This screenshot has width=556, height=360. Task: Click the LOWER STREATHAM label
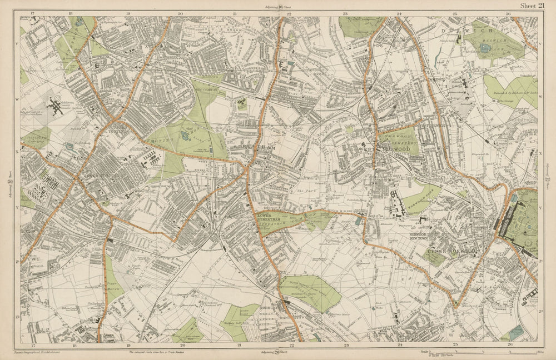[x=270, y=218]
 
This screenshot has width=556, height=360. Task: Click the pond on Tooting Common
[x=185, y=135]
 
